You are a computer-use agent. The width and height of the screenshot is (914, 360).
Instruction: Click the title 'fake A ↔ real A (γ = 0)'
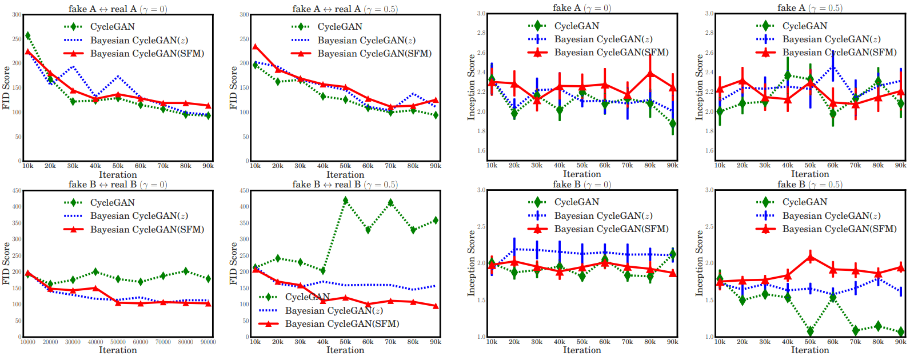pyautogui.click(x=118, y=9)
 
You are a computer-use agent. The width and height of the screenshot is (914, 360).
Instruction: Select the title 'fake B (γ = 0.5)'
pyautogui.click(x=809, y=184)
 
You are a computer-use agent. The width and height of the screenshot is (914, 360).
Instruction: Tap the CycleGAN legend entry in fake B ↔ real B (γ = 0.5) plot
pyautogui.click(x=308, y=297)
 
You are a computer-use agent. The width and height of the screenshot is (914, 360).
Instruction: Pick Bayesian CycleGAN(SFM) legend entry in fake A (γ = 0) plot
pyautogui.click(x=611, y=53)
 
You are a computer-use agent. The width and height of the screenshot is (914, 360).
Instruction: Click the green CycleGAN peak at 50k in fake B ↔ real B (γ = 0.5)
pyautogui.click(x=345, y=201)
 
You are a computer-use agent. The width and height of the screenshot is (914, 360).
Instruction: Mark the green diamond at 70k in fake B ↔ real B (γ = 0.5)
pyautogui.click(x=390, y=202)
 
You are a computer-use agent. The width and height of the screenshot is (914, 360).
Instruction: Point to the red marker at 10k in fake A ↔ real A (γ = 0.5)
pyautogui.click(x=255, y=47)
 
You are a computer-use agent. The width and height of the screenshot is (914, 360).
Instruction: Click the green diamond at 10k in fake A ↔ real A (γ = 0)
pyautogui.click(x=27, y=36)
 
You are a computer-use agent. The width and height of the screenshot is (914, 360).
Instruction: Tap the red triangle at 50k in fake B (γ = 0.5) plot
pyautogui.click(x=810, y=257)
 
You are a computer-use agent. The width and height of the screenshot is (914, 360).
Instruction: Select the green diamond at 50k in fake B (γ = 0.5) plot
pyautogui.click(x=810, y=331)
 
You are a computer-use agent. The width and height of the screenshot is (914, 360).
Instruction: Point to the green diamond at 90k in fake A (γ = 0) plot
pyautogui.click(x=673, y=123)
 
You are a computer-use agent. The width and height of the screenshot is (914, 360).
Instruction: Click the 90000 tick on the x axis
pyautogui.click(x=208, y=342)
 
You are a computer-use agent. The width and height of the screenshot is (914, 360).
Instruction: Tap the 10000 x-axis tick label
pyautogui.click(x=27, y=342)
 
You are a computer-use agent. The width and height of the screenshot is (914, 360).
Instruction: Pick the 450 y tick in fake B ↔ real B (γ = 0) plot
pyautogui.click(x=17, y=191)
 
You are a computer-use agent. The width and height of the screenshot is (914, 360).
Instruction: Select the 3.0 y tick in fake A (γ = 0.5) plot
pyautogui.click(x=709, y=13)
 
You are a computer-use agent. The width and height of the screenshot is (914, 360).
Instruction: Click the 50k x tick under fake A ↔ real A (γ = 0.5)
pyautogui.click(x=345, y=166)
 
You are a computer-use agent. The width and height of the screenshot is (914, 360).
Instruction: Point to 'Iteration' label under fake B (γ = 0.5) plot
pyautogui.click(x=809, y=350)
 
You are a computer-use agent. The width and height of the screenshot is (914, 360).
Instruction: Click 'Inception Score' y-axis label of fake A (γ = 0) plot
pyautogui.click(x=471, y=87)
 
